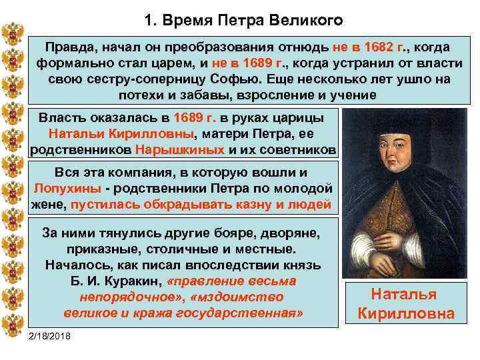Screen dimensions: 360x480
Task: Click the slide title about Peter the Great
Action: click(x=243, y=20)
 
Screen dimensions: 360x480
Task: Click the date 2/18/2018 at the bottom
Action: click(x=53, y=334)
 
